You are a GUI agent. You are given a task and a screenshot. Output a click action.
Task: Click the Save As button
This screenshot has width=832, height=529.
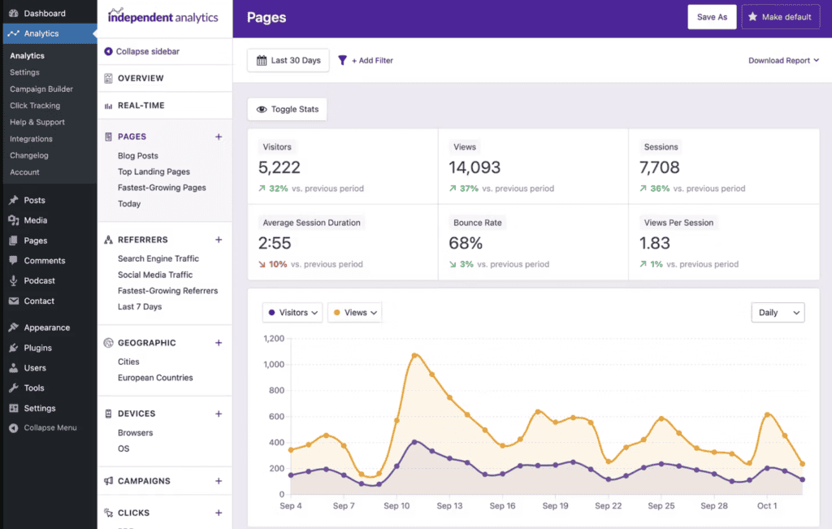[x=712, y=17]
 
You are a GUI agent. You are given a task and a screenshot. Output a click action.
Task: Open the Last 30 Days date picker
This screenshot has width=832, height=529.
[x=288, y=60]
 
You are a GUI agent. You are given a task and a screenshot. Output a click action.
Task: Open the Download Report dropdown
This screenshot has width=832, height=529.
[x=783, y=60]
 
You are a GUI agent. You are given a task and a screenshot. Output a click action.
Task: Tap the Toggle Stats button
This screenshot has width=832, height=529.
[x=288, y=109]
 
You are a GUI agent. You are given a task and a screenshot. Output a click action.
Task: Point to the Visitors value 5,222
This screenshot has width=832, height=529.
[x=279, y=168]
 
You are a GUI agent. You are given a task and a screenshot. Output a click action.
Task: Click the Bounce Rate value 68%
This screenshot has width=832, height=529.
[x=466, y=243]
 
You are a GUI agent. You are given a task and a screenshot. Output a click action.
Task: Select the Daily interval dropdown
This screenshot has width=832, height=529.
[x=778, y=313]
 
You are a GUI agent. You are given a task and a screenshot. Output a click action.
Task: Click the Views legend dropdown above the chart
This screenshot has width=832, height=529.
[x=354, y=313]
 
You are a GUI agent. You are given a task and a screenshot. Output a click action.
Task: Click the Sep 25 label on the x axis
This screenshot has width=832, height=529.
[x=662, y=506]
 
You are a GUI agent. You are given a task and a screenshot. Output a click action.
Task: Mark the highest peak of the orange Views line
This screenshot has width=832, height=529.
[x=414, y=355]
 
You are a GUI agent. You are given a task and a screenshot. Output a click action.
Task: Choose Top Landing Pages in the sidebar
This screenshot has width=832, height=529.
[x=154, y=171]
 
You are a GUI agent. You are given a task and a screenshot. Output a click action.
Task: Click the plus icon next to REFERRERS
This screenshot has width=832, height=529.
[x=219, y=240]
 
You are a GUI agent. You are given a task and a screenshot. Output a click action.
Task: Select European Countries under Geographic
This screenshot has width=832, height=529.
[x=155, y=378]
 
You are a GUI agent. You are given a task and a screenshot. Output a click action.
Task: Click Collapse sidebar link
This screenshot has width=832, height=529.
[x=147, y=51]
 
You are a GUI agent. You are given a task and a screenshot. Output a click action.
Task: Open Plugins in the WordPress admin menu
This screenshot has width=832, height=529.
[x=37, y=348]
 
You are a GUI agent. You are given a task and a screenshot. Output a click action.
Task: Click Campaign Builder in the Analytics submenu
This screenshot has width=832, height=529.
[x=41, y=89]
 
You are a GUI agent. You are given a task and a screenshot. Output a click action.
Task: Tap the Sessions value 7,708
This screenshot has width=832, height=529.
[x=659, y=168]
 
